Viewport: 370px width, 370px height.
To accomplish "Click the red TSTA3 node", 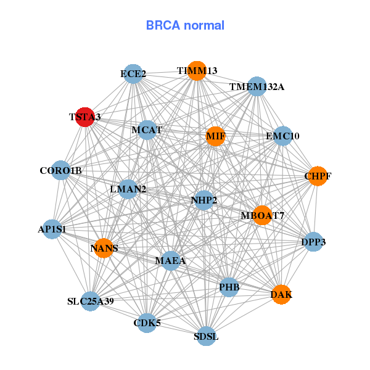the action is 84,117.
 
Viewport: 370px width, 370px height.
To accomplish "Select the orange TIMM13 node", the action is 197,71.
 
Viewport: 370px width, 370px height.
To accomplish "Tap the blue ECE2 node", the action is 133,75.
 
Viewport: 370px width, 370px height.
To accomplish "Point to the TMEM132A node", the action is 257,86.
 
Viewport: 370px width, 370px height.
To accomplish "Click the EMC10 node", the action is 282,136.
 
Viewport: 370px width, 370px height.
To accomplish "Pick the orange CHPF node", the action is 318,176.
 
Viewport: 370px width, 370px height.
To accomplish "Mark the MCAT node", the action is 147,130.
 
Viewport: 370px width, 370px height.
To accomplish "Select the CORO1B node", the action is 60,170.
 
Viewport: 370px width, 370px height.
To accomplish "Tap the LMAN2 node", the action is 128,189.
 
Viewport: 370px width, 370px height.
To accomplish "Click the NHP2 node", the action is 204,200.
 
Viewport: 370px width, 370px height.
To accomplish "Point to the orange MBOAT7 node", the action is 263,215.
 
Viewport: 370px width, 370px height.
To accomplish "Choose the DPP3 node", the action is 313,242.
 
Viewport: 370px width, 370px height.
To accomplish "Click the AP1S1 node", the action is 52,229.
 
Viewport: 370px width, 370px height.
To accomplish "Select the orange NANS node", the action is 104,249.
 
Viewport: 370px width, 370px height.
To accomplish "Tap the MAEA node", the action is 170,260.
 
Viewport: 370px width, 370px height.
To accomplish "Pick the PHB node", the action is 229,287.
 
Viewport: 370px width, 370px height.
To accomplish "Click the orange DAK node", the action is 281,295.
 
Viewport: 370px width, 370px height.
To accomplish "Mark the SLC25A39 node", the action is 91,302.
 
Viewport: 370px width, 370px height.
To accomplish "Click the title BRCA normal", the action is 185,26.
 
